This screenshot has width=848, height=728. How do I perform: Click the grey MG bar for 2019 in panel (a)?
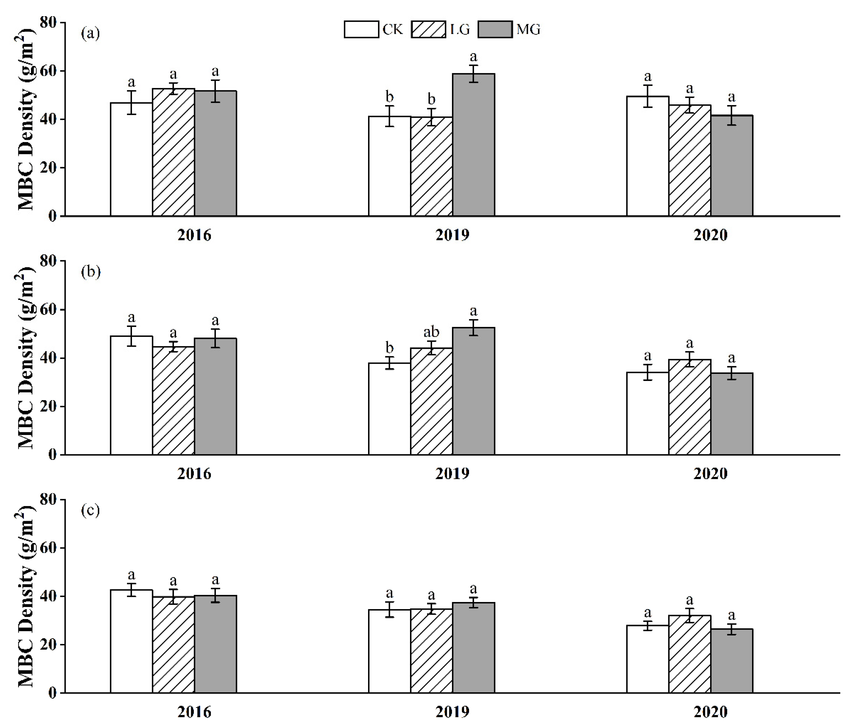click(473, 145)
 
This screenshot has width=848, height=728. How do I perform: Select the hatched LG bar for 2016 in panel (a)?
click(174, 152)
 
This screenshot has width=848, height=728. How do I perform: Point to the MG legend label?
click(528, 30)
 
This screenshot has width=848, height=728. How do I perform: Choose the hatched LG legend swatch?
click(429, 30)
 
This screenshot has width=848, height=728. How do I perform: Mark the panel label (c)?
click(90, 511)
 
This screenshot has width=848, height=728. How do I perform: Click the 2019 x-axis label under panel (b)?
click(452, 474)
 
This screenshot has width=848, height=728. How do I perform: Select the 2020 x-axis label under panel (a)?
click(710, 235)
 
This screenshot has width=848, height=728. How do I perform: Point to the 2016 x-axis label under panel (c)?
click(194, 712)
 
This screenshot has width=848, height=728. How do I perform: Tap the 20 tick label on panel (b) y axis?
click(48, 407)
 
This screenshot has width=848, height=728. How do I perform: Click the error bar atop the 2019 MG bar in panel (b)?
click(473, 328)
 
